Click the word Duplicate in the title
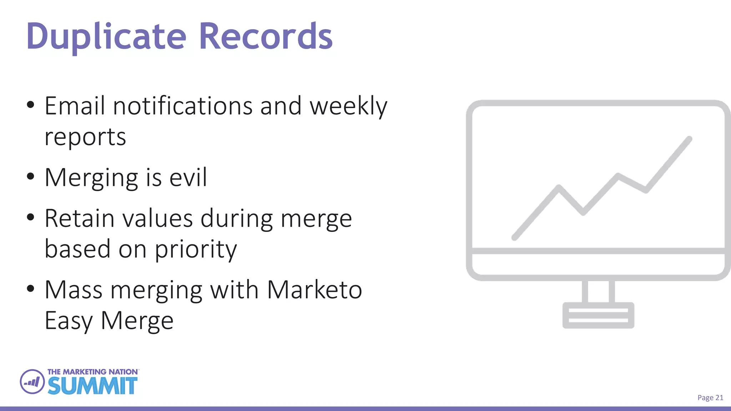[106, 37]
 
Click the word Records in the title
[265, 37]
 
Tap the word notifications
[183, 106]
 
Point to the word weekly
[348, 107]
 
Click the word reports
[85, 137]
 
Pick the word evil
[188, 177]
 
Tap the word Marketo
[314, 290]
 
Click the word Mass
[74, 290]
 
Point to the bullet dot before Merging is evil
[31, 176]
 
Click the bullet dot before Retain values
[31, 217]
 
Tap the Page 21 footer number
[710, 398]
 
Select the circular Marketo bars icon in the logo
[32, 382]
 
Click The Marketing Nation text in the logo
[92, 372]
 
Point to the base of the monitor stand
[598, 315]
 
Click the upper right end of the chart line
[689, 139]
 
